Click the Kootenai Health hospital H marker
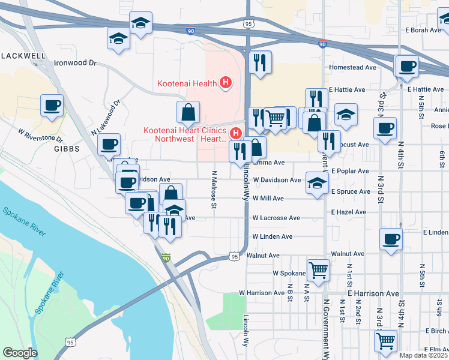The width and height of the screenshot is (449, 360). (226, 83)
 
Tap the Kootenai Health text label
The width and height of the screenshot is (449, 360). (187, 83)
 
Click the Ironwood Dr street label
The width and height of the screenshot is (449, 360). (75, 62)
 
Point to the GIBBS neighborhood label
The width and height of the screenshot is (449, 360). (67, 149)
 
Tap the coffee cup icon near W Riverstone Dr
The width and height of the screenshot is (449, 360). (52, 106)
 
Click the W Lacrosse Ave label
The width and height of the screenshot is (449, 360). (276, 218)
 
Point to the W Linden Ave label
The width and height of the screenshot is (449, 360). (273, 236)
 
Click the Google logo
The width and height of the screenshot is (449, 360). (20, 353)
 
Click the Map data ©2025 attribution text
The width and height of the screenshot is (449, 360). (423, 355)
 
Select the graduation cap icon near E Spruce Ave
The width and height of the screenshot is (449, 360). (317, 182)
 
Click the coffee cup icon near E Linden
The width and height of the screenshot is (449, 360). (390, 238)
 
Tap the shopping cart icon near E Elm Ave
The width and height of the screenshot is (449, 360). (385, 340)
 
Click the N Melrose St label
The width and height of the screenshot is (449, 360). (214, 188)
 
